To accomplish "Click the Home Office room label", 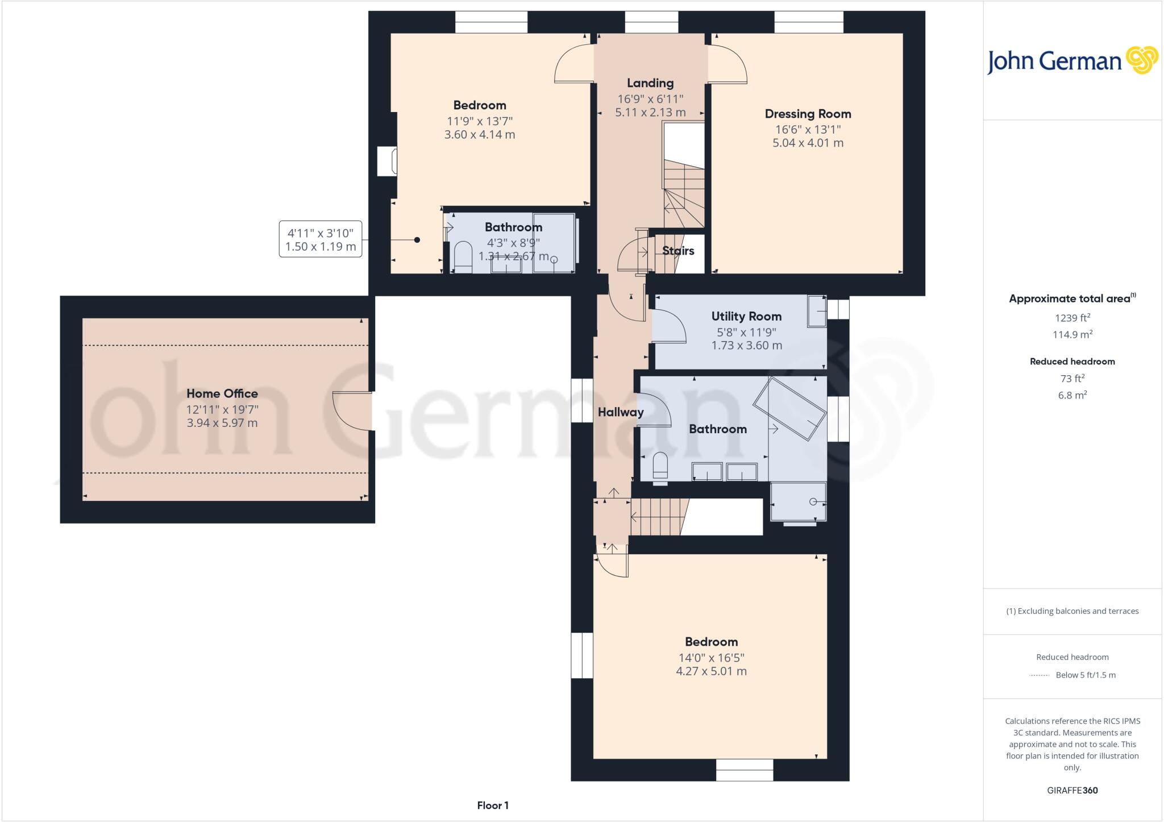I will click(222, 393).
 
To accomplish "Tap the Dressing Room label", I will click(808, 114).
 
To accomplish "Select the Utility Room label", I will click(746, 316).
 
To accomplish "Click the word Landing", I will click(650, 83).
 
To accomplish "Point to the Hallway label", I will click(621, 412).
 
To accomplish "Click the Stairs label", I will click(678, 251).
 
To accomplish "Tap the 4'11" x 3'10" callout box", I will click(321, 239).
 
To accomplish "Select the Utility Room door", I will click(669, 326).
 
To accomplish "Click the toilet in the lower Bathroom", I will click(660, 467).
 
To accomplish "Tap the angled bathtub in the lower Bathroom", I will click(789, 408).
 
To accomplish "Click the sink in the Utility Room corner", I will click(817, 312).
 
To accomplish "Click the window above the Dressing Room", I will click(809, 22).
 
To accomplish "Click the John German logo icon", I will click(1142, 60).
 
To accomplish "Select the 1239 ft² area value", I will click(1072, 318).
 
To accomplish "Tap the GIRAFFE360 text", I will click(1072, 790).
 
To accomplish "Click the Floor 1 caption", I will click(493, 806).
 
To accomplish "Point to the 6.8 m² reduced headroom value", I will click(1072, 395).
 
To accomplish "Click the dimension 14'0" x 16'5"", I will click(711, 658).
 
